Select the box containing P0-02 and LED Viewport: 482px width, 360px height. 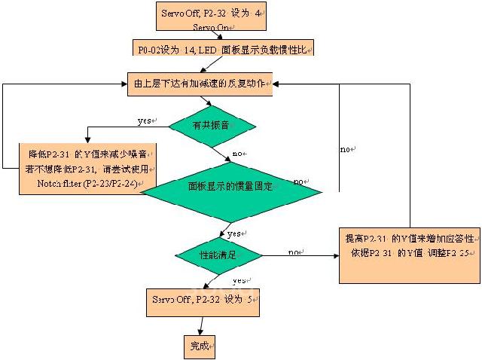(x=221, y=48)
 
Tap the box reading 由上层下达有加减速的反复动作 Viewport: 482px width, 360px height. (x=200, y=82)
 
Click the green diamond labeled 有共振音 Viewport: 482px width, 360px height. (x=212, y=125)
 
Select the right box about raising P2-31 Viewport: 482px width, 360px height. (x=409, y=255)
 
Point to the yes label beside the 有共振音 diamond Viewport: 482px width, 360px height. (x=145, y=121)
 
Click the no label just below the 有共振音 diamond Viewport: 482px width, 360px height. (x=239, y=154)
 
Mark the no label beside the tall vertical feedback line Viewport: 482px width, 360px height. (x=347, y=150)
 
